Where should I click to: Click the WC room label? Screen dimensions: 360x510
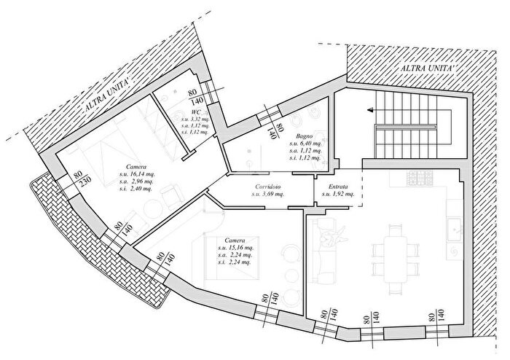pyautogui.click(x=186, y=111)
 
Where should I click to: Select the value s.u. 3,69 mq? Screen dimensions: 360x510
pyautogui.click(x=268, y=195)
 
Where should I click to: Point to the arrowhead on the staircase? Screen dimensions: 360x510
pyautogui.click(x=372, y=110)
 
